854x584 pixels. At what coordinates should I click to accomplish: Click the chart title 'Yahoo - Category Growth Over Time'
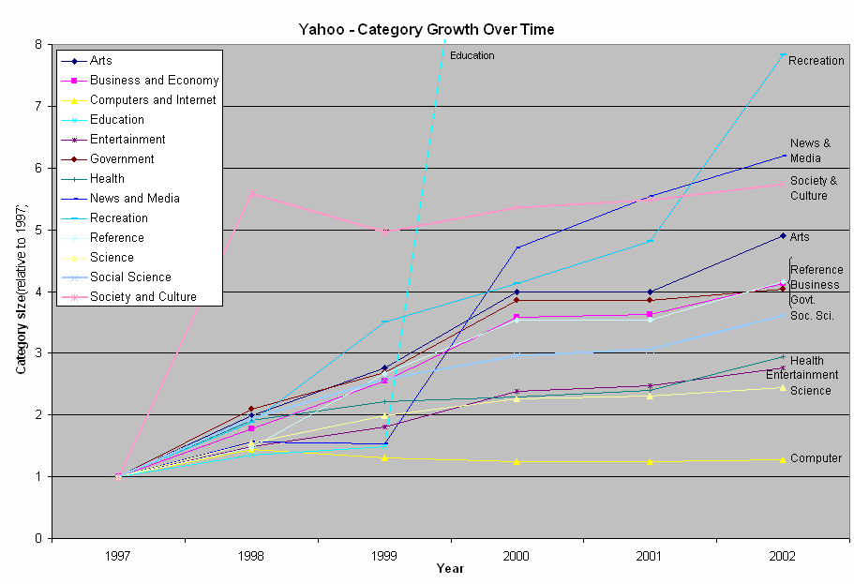(426, 29)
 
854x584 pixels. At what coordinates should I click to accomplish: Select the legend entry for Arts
(101, 61)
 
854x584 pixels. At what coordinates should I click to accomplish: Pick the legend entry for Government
(122, 159)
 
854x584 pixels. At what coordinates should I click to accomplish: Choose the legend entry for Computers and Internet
(153, 100)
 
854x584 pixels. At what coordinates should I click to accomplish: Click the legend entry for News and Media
(135, 199)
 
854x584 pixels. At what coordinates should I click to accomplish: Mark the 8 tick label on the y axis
(37, 44)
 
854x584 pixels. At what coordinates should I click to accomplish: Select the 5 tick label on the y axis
(37, 230)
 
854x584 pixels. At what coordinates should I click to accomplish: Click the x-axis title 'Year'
(450, 569)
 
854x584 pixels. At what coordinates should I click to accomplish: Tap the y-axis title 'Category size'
(20, 291)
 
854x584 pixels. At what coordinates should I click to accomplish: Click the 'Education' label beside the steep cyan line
(472, 56)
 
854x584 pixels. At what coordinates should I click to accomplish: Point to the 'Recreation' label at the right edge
(816, 61)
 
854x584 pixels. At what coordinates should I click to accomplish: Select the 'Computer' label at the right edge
(816, 458)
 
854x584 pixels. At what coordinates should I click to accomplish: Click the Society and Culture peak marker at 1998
(251, 193)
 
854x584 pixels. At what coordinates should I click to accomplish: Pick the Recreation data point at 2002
(782, 54)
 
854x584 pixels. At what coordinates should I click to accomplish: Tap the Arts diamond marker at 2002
(782, 236)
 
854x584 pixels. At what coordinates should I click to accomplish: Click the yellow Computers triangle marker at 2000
(517, 461)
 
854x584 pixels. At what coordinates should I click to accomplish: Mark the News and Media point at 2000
(517, 247)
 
